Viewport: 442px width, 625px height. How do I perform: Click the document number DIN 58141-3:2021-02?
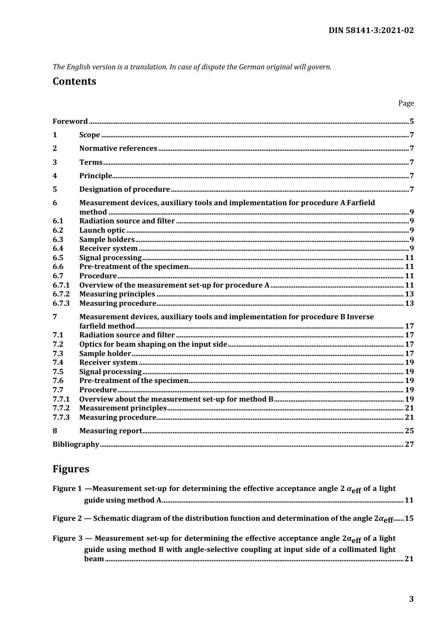pos(371,30)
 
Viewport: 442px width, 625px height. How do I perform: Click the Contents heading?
pos(74,81)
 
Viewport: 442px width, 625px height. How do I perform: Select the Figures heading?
pos(71,469)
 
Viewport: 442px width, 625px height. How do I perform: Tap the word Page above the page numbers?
pos(406,103)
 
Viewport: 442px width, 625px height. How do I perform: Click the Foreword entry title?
pos(70,121)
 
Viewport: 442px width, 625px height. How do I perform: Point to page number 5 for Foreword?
pos(412,121)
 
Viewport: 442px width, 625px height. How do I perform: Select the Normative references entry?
pos(118,148)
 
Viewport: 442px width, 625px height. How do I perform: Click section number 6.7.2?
pos(61,294)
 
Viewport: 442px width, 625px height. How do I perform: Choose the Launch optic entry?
pos(102,230)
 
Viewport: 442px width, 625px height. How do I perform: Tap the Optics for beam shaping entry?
pos(153,344)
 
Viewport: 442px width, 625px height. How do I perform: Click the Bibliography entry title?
pos(76,444)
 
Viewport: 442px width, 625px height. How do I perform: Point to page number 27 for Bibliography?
pos(409,444)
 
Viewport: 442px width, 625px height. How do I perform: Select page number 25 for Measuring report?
pos(409,431)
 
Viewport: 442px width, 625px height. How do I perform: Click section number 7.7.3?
pos(61,417)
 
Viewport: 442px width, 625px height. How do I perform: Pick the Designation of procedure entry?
pos(125,189)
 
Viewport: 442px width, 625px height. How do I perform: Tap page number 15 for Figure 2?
pos(409,518)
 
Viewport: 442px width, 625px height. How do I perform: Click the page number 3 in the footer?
pos(411,599)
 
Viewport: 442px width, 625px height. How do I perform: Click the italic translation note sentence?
pos(192,67)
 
